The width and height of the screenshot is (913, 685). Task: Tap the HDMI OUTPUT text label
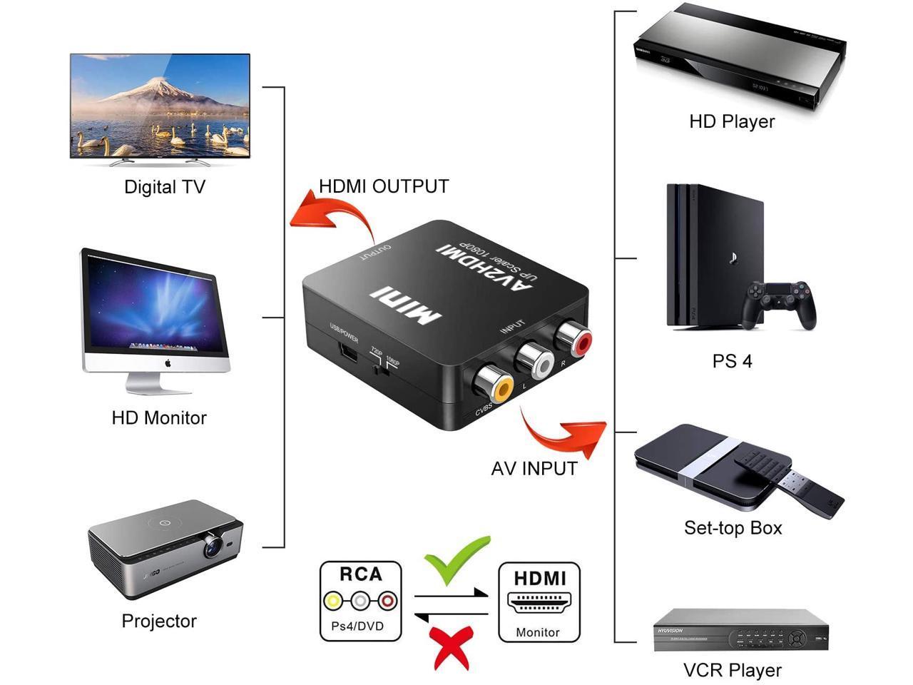384,186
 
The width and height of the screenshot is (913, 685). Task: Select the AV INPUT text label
534,468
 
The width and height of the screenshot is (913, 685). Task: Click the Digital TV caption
165,187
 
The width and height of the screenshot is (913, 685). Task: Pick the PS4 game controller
780,304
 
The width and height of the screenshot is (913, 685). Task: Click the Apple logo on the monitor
168,363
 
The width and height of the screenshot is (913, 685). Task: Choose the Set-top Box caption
733,528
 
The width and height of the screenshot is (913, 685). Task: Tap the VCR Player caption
732,670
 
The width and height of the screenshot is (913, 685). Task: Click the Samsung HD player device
739,61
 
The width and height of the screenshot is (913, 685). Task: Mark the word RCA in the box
361,574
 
